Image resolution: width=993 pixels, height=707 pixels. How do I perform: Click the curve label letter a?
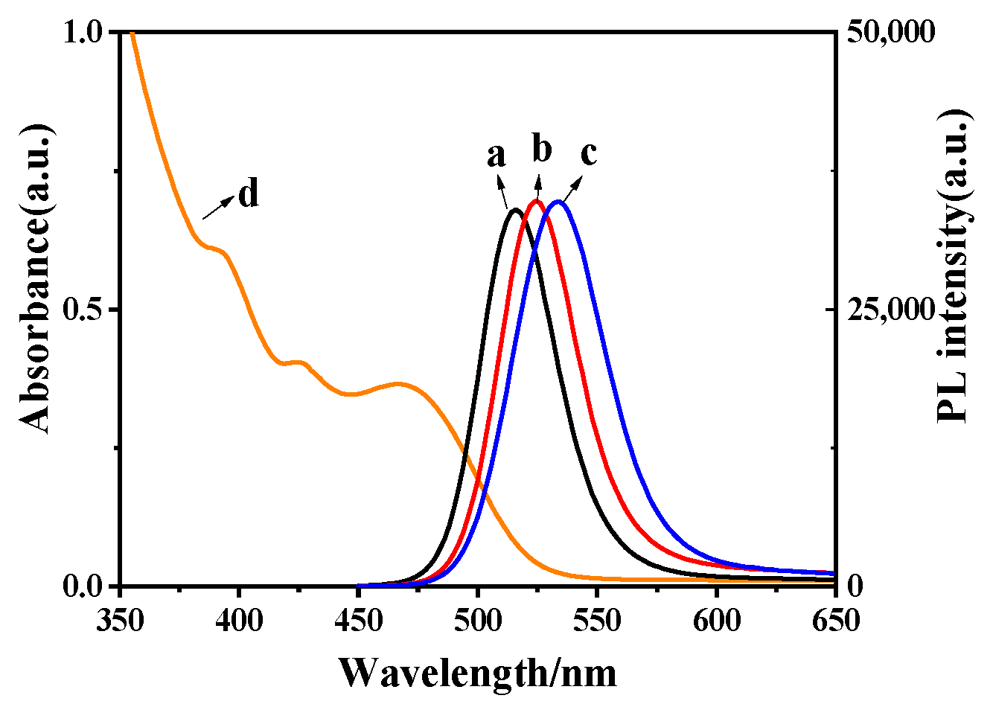pyautogui.click(x=496, y=156)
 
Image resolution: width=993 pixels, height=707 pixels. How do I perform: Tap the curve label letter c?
pyautogui.click(x=589, y=153)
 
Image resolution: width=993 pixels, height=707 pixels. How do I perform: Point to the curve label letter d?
pyautogui.click(x=249, y=194)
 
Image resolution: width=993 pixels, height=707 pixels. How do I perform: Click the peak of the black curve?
pyautogui.click(x=514, y=210)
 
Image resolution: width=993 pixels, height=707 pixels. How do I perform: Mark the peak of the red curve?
pyautogui.click(x=536, y=201)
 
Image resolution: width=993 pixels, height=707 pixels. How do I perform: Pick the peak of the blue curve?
pyautogui.click(x=558, y=201)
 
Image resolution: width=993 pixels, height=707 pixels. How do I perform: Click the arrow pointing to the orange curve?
pyautogui.click(x=217, y=208)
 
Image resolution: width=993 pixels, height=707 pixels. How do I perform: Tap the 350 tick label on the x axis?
pyautogui.click(x=119, y=619)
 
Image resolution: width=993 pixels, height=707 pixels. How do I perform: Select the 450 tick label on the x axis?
pyautogui.click(x=358, y=619)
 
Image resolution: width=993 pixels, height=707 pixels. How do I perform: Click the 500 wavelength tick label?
pyautogui.click(x=477, y=619)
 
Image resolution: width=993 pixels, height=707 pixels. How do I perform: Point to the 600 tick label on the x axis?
pyautogui.click(x=716, y=619)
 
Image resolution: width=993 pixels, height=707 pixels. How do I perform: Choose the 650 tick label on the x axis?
pyautogui.click(x=835, y=619)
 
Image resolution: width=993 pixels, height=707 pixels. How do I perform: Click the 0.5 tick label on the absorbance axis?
pyautogui.click(x=84, y=310)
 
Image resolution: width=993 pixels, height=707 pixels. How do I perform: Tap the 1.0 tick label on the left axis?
pyautogui.click(x=84, y=33)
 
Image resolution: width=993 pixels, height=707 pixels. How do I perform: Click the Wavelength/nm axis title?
pyautogui.click(x=478, y=673)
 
